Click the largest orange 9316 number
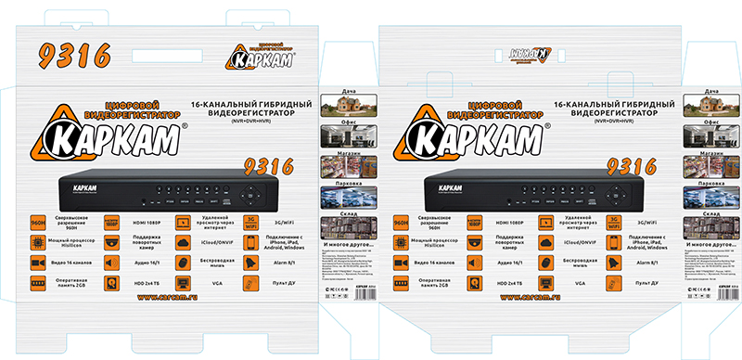pos(70,56)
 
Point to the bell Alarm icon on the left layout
pos(249,263)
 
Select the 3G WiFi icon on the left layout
pos(249,222)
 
